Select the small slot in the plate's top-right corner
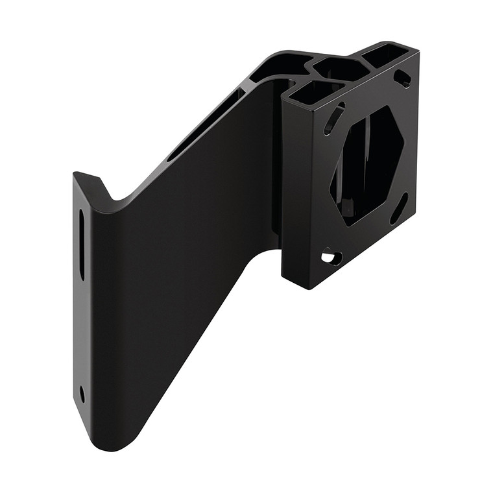point(402,79)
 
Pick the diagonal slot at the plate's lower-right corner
point(399,209)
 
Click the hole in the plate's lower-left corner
point(331,258)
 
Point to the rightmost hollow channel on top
point(385,55)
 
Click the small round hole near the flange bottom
point(82,393)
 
